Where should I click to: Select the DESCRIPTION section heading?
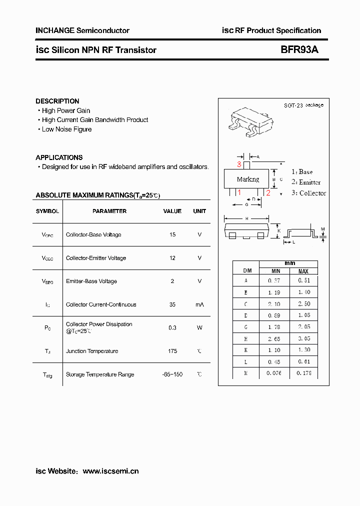click(x=57, y=101)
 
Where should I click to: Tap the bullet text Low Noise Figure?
click(x=66, y=129)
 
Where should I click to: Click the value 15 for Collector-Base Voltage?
click(x=172, y=234)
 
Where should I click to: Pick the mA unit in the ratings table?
click(x=199, y=304)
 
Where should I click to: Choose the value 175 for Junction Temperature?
click(x=172, y=351)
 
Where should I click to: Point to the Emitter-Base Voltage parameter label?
click(x=91, y=281)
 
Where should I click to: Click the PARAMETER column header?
click(x=109, y=211)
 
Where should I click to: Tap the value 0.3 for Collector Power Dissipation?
click(x=172, y=327)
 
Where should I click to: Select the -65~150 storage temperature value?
click(x=172, y=374)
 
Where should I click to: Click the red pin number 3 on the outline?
click(x=239, y=164)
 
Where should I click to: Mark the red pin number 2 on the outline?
click(x=268, y=193)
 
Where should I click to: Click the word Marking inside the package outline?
click(x=248, y=179)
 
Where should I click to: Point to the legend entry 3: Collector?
click(x=308, y=193)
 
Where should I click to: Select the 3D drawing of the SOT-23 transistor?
click(x=247, y=121)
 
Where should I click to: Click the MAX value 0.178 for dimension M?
click(x=304, y=372)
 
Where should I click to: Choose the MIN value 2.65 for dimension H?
click(x=274, y=339)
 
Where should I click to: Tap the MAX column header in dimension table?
click(x=304, y=270)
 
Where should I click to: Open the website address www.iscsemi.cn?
click(x=110, y=471)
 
